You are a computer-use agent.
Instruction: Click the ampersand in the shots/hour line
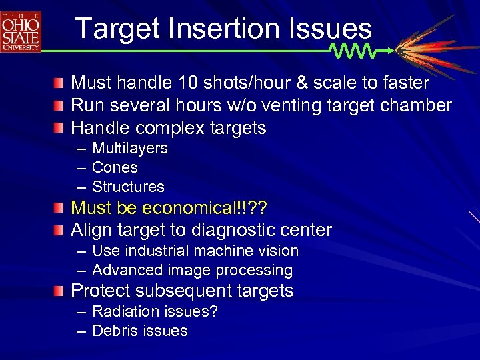point(303,83)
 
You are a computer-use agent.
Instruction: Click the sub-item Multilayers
point(129,148)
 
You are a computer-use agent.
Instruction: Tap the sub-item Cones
point(115,167)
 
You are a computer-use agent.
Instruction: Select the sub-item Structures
point(128,187)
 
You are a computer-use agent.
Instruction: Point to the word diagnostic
point(235,230)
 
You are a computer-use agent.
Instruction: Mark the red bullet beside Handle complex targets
point(60,127)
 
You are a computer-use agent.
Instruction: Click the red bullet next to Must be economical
point(60,208)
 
